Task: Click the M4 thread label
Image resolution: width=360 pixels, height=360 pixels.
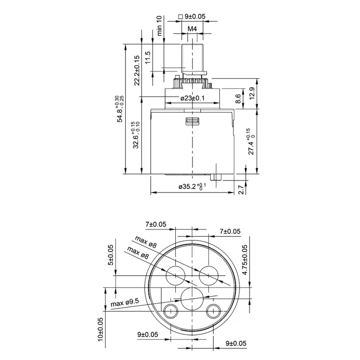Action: (192, 29)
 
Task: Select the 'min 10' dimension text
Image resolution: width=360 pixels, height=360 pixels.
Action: (159, 25)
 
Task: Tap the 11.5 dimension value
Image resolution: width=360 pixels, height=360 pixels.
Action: (148, 58)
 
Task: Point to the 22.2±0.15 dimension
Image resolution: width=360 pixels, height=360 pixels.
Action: (137, 70)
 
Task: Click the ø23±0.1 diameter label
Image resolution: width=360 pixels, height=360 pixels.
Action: (192, 98)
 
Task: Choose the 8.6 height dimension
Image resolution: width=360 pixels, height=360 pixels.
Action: (238, 99)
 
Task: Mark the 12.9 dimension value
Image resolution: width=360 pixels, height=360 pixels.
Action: (252, 94)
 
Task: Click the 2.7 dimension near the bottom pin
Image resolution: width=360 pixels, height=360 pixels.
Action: (241, 190)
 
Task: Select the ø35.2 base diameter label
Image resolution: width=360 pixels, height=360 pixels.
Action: (192, 186)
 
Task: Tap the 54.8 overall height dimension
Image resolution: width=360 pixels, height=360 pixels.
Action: (120, 109)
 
